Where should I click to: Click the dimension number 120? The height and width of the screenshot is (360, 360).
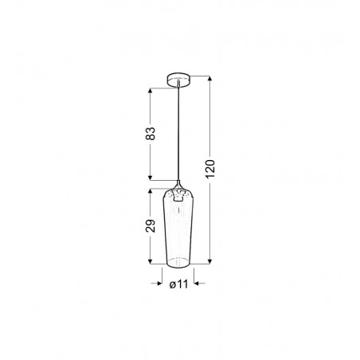[x=209, y=169]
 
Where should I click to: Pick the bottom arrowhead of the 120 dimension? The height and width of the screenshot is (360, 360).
[x=209, y=261]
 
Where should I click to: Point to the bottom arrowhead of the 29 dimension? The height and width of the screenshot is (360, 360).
[x=150, y=261]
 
